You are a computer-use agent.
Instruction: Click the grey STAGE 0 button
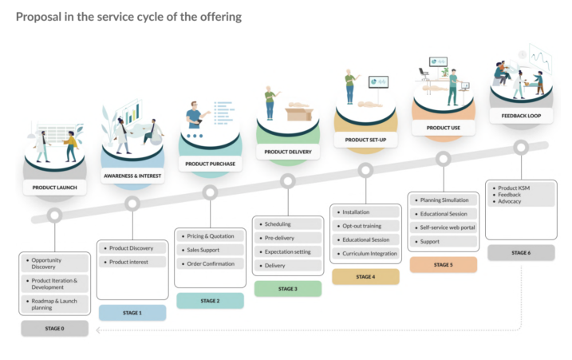coord(55,328)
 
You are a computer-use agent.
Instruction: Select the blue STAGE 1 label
coord(132,313)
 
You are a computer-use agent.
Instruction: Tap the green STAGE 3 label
coord(288,288)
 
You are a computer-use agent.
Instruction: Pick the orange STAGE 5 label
coord(444,264)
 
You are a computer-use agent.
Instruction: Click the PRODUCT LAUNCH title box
coord(55,188)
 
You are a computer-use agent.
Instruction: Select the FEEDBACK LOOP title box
coord(521,116)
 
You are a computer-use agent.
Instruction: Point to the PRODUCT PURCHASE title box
coord(210,164)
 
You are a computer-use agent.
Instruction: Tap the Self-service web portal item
coord(444,227)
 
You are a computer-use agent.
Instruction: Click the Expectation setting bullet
coord(288,251)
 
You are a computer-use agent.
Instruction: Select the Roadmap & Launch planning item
coord(55,304)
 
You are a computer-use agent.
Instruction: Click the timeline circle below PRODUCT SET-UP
coord(365,170)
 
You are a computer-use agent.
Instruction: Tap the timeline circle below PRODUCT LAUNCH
coord(55,215)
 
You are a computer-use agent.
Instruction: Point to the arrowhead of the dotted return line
coord(98,330)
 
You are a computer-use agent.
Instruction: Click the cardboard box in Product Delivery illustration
coord(299,112)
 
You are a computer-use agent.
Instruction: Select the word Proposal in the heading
coord(38,17)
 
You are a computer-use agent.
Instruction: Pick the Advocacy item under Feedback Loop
coord(509,201)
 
